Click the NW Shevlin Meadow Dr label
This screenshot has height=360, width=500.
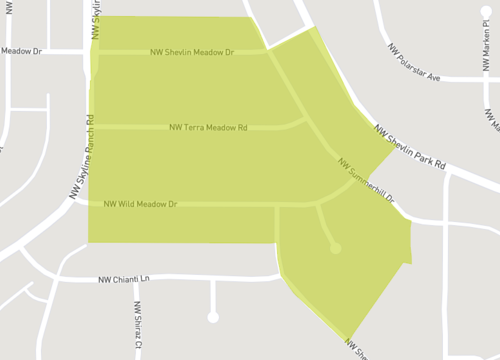[x=191, y=53]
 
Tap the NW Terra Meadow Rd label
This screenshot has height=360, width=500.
[x=208, y=127]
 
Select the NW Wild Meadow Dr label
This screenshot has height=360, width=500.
[x=140, y=204]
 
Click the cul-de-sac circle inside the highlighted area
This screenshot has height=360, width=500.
[x=336, y=247]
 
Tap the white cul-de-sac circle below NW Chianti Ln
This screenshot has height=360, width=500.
[x=213, y=317]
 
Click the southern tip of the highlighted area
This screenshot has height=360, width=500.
[x=349, y=339]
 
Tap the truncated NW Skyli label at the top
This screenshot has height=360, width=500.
[x=96, y=18]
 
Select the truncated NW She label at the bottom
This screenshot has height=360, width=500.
[x=358, y=349]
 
